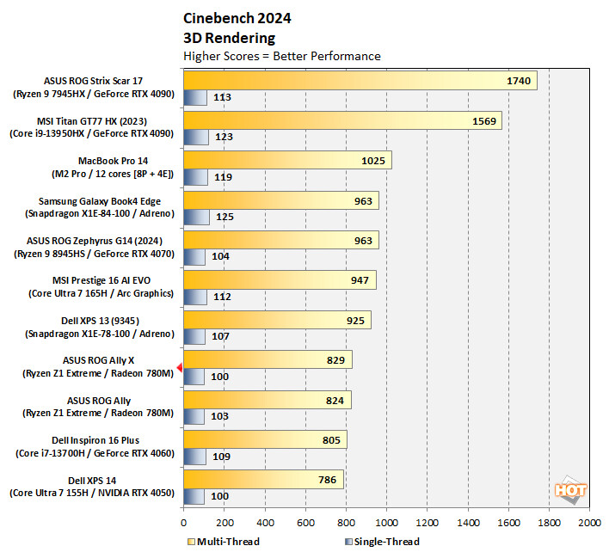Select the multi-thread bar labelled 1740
click(360, 81)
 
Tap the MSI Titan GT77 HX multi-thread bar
click(341, 120)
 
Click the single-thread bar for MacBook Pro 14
click(195, 177)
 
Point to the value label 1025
click(373, 161)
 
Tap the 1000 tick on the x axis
click(386, 522)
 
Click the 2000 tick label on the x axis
click(589, 522)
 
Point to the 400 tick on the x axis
click(264, 522)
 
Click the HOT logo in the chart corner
click(571, 492)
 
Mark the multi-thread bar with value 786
click(263, 480)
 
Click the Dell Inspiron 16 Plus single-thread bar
click(194, 456)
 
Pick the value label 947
click(360, 280)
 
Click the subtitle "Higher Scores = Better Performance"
click(282, 56)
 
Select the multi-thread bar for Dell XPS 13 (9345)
click(277, 320)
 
